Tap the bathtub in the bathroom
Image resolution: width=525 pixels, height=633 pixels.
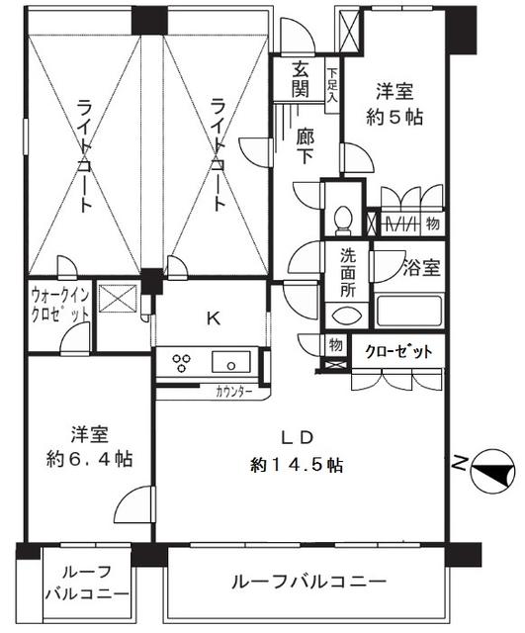point(407,312)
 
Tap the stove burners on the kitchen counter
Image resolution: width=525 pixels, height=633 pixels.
point(184,361)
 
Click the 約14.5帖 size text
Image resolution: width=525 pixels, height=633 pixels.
point(297,464)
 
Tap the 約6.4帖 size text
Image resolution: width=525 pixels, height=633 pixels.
point(88,460)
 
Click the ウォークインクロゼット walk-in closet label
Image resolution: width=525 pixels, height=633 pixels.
point(60,303)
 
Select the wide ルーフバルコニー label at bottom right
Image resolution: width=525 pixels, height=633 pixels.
point(309,581)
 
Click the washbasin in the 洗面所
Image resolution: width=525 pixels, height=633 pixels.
point(346,316)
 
